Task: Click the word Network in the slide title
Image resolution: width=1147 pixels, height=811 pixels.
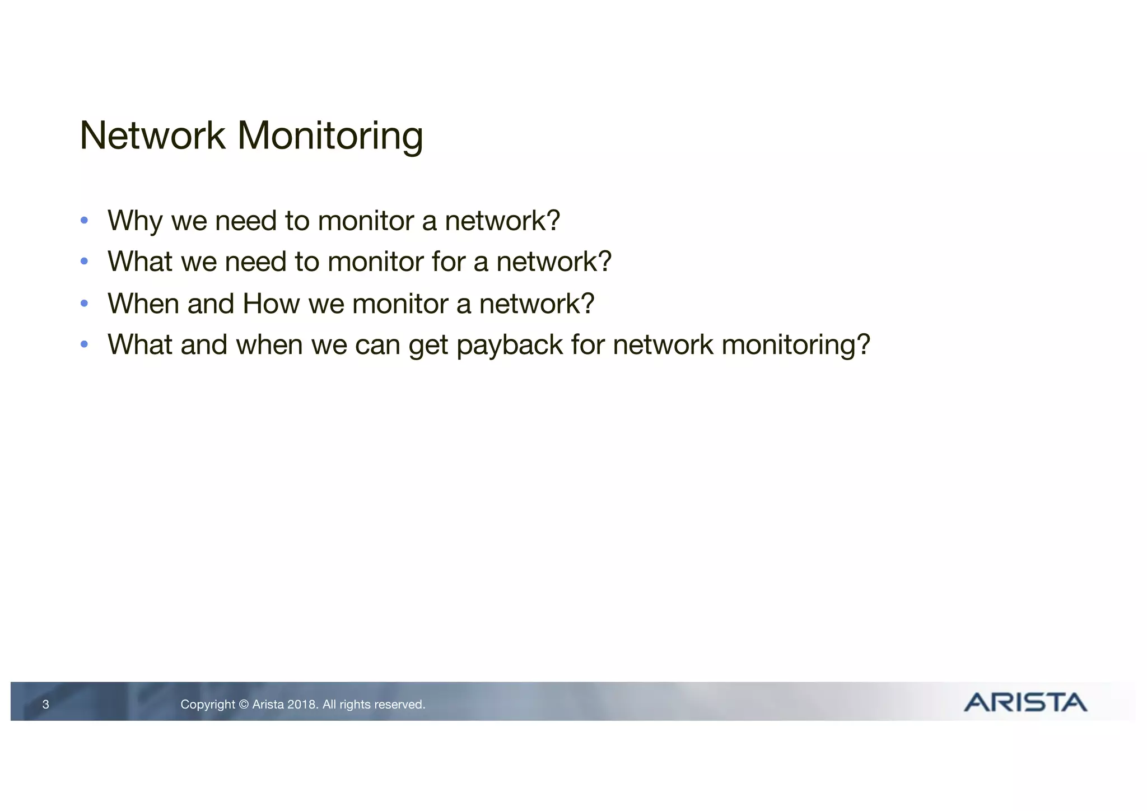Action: (152, 136)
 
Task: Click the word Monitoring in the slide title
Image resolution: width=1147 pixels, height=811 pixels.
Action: (330, 137)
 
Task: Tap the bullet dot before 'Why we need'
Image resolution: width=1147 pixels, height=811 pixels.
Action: (84, 220)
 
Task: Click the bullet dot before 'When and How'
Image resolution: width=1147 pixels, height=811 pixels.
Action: (84, 304)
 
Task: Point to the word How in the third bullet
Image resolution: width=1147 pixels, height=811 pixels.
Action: (272, 304)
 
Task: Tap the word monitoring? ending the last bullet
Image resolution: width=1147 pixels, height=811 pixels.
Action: (796, 346)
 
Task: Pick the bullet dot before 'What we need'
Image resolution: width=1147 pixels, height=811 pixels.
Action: (84, 262)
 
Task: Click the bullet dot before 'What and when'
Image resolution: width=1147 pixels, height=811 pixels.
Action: (84, 344)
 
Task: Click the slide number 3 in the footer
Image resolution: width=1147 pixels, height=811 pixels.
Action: (46, 705)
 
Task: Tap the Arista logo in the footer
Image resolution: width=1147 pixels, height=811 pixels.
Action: (1025, 702)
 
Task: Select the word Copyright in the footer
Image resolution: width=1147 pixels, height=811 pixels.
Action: (208, 705)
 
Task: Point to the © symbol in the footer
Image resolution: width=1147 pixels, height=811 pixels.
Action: (244, 705)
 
